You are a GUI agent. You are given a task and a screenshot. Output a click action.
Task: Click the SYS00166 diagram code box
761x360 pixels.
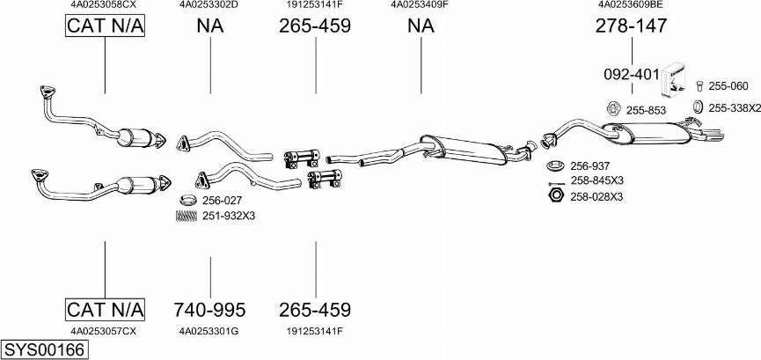[x=45, y=350]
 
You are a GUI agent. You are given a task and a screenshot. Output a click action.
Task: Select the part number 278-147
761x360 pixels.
[x=631, y=26]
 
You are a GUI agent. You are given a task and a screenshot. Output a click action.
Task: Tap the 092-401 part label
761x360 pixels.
[x=631, y=75]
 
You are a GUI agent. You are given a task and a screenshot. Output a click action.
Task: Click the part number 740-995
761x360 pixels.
[x=209, y=310]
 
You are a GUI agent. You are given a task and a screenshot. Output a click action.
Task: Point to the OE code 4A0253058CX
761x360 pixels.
[x=104, y=4]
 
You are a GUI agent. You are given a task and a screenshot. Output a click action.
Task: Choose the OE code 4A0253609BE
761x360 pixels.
[x=631, y=4]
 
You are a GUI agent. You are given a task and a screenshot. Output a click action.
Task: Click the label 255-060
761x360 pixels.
[x=728, y=86]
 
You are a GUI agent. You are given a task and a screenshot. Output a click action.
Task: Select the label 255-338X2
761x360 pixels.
[x=734, y=107]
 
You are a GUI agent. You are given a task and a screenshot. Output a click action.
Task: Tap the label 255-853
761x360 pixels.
[x=646, y=110]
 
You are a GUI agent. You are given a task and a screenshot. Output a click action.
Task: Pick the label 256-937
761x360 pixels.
[x=589, y=166]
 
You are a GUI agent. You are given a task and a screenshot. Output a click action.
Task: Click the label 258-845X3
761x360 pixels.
[x=596, y=180]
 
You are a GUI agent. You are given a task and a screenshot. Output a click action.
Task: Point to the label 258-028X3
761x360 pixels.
[x=596, y=196]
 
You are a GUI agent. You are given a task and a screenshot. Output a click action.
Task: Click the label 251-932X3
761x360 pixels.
[x=228, y=215]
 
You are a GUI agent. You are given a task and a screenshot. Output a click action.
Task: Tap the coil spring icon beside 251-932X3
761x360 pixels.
[x=186, y=215]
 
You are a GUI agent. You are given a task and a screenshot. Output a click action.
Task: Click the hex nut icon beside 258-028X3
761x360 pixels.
[x=555, y=195]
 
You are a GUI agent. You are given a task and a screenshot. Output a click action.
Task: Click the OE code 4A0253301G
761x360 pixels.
[x=209, y=331]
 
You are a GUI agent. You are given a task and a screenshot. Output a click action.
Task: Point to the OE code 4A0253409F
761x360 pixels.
[x=420, y=4]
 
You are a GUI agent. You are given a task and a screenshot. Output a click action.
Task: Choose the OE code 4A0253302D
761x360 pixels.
[x=209, y=4]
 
